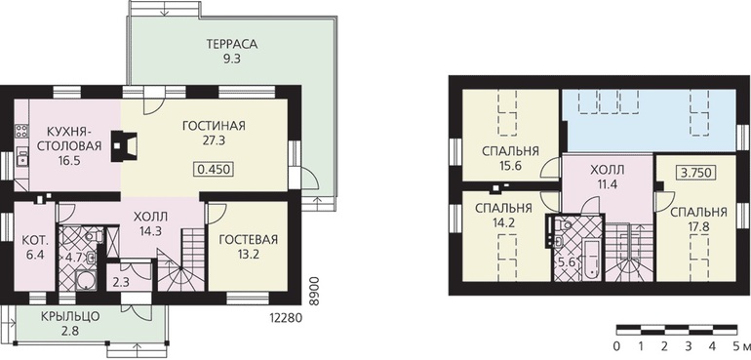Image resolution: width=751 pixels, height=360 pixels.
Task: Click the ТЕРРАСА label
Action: [x=232, y=44]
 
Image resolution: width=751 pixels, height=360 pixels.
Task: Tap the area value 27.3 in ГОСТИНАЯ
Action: [x=215, y=141]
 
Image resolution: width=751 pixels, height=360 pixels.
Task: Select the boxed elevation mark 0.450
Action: [x=215, y=169]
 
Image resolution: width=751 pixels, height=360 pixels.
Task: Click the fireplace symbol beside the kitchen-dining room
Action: [x=124, y=145]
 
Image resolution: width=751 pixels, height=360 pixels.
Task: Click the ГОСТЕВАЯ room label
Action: [x=248, y=240]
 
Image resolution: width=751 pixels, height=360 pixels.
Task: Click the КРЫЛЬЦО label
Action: [x=70, y=316]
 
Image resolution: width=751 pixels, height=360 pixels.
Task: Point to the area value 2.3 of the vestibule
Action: [x=120, y=282]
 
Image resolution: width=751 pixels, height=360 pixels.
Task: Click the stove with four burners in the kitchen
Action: [x=21, y=131]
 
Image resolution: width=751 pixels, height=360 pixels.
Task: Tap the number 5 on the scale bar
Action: [x=732, y=346]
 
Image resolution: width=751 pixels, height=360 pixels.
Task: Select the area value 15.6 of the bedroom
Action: [x=509, y=166]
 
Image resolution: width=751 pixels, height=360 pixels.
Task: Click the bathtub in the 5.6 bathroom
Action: [x=591, y=260]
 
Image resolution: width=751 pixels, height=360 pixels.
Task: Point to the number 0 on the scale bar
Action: [x=616, y=346]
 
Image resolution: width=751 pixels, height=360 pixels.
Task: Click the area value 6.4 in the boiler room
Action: [x=33, y=255]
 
